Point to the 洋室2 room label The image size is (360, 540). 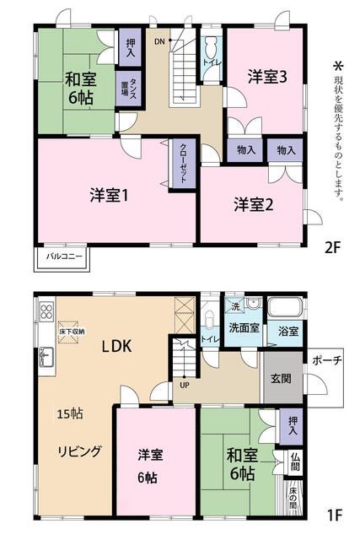(x=253, y=203)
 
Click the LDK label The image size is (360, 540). (x=118, y=346)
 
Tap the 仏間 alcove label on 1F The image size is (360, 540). (x=293, y=462)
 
